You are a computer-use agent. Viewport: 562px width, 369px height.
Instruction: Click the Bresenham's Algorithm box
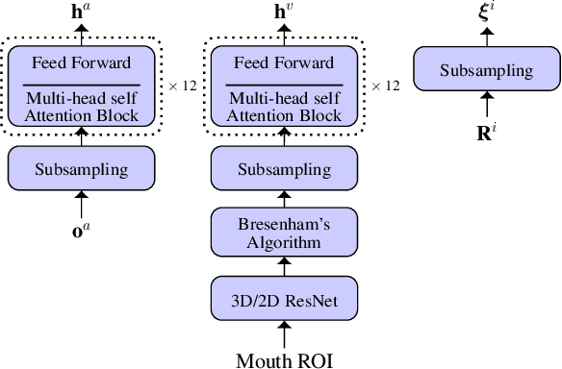coord(283,232)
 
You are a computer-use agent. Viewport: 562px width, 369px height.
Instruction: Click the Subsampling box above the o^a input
coord(81,169)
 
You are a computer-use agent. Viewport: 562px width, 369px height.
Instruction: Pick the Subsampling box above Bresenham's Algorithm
coord(283,169)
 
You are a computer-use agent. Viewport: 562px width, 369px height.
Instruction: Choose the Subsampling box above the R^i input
coord(486,70)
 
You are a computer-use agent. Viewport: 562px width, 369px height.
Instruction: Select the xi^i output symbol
coord(487,14)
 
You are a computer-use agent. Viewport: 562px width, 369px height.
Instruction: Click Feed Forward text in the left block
coord(82,64)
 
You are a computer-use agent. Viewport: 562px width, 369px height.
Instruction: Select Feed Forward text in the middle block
coord(284,64)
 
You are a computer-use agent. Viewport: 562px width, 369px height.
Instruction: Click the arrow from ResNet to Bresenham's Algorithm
coord(283,265)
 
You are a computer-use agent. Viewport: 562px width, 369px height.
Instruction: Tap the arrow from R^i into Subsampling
coord(486,104)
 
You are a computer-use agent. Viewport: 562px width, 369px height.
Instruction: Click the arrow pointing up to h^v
coord(283,35)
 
